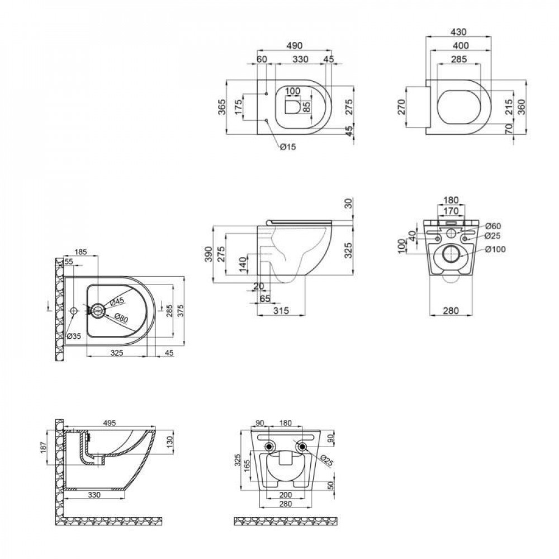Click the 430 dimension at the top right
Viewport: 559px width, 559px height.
[458, 32]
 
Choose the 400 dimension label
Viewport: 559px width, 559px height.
[458, 45]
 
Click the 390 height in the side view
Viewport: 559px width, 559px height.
[207, 254]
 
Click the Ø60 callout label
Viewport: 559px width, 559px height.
[492, 225]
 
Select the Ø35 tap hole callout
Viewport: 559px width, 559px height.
[74, 337]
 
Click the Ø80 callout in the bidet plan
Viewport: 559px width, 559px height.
[122, 318]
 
